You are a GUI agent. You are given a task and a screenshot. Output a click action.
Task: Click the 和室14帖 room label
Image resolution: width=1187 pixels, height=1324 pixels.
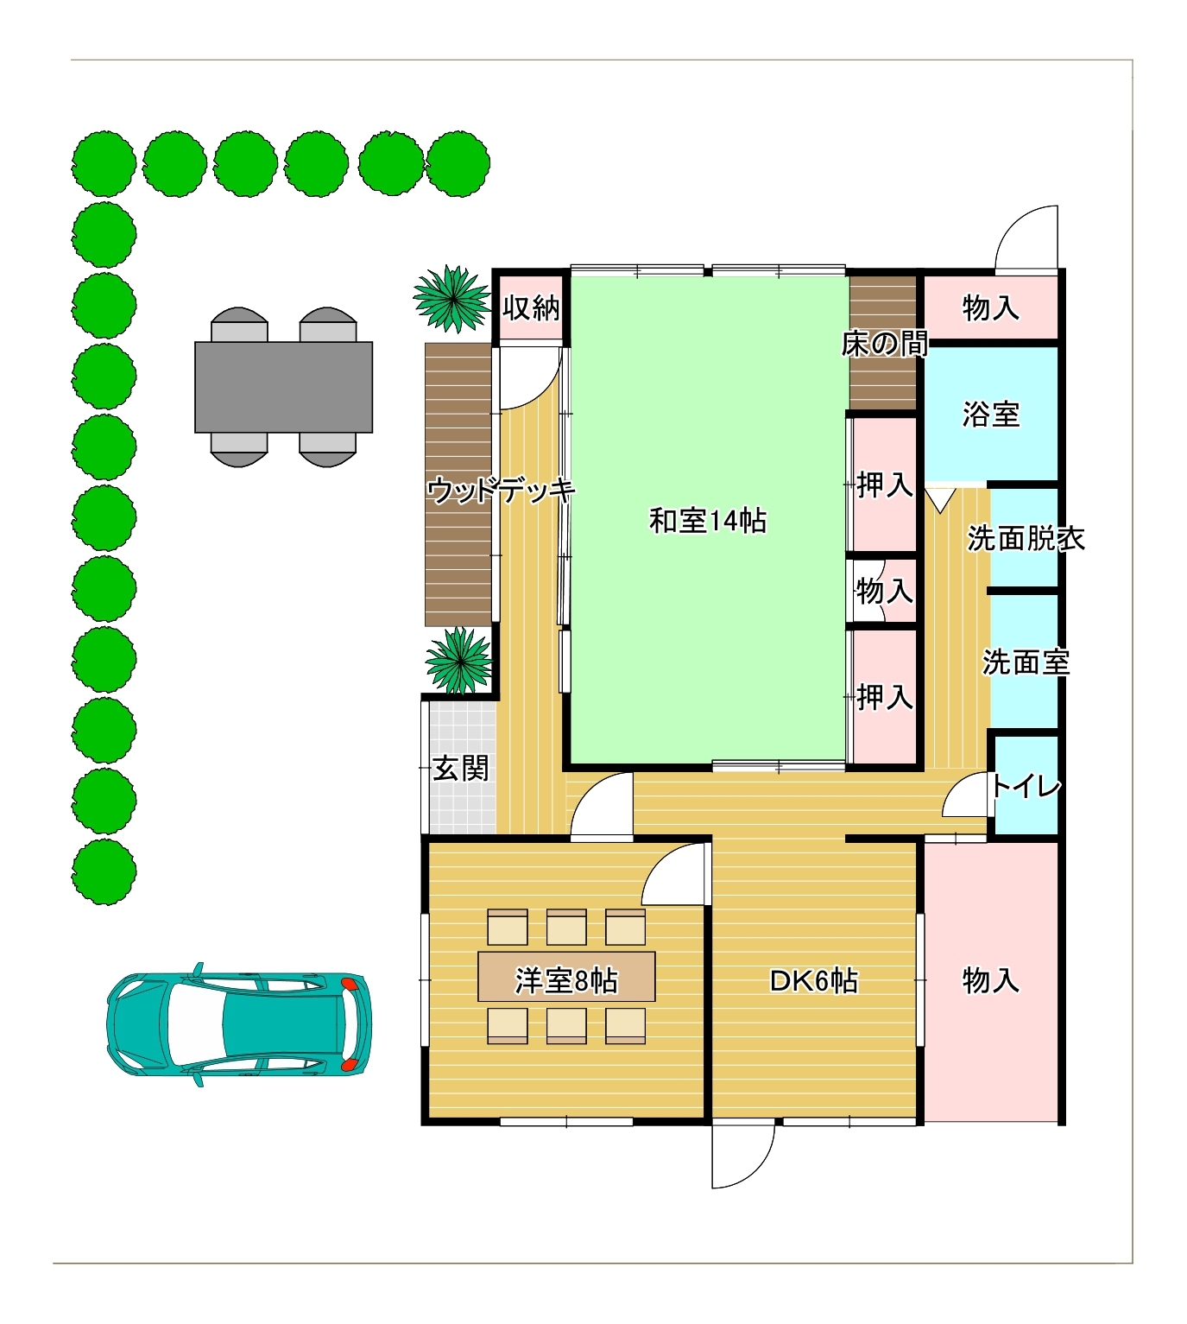coord(708,522)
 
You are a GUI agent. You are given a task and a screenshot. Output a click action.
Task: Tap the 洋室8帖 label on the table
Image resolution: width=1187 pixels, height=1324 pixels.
coord(566,981)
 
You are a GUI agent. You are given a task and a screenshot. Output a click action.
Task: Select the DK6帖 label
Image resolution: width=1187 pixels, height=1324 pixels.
coord(814,981)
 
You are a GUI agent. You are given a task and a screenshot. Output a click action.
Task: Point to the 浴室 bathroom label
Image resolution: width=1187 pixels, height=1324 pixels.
coord(990,415)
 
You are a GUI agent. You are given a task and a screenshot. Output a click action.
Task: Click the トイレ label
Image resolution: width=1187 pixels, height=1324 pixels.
coord(1025,786)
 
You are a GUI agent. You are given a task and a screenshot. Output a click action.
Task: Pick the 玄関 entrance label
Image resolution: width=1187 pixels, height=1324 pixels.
coord(461,769)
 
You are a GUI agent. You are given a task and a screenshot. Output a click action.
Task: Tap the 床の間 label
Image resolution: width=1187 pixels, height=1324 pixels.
coord(885,345)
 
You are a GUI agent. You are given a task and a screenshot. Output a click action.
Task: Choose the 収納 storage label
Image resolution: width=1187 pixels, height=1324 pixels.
coord(531,307)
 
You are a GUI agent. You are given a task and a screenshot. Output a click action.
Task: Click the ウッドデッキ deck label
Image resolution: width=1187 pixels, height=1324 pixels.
coord(501,491)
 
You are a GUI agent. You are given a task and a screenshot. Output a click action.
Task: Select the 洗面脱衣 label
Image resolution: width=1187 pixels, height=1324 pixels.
coord(1026,538)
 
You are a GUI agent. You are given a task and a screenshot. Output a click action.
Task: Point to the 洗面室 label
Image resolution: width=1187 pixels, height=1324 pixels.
coord(1026,662)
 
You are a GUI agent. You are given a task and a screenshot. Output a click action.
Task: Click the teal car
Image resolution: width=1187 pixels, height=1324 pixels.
coord(239,1024)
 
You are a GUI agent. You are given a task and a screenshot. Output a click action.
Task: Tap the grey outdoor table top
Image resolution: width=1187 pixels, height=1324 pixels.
coord(283,387)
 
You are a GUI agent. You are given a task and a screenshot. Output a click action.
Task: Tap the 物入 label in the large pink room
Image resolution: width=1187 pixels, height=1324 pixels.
coord(990,981)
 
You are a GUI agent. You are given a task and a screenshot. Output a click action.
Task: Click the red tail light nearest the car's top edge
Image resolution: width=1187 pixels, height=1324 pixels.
coord(349,983)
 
